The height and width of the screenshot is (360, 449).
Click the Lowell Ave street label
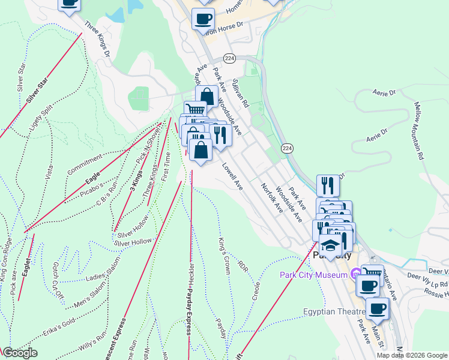(x=232, y=178)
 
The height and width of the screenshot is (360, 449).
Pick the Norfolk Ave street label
(x=271, y=199)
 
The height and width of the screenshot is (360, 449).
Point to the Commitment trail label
(x=85, y=164)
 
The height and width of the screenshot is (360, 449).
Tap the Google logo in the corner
(x=19, y=353)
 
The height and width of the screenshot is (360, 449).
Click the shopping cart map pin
(x=194, y=110)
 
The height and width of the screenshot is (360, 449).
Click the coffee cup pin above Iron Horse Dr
(x=203, y=18)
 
